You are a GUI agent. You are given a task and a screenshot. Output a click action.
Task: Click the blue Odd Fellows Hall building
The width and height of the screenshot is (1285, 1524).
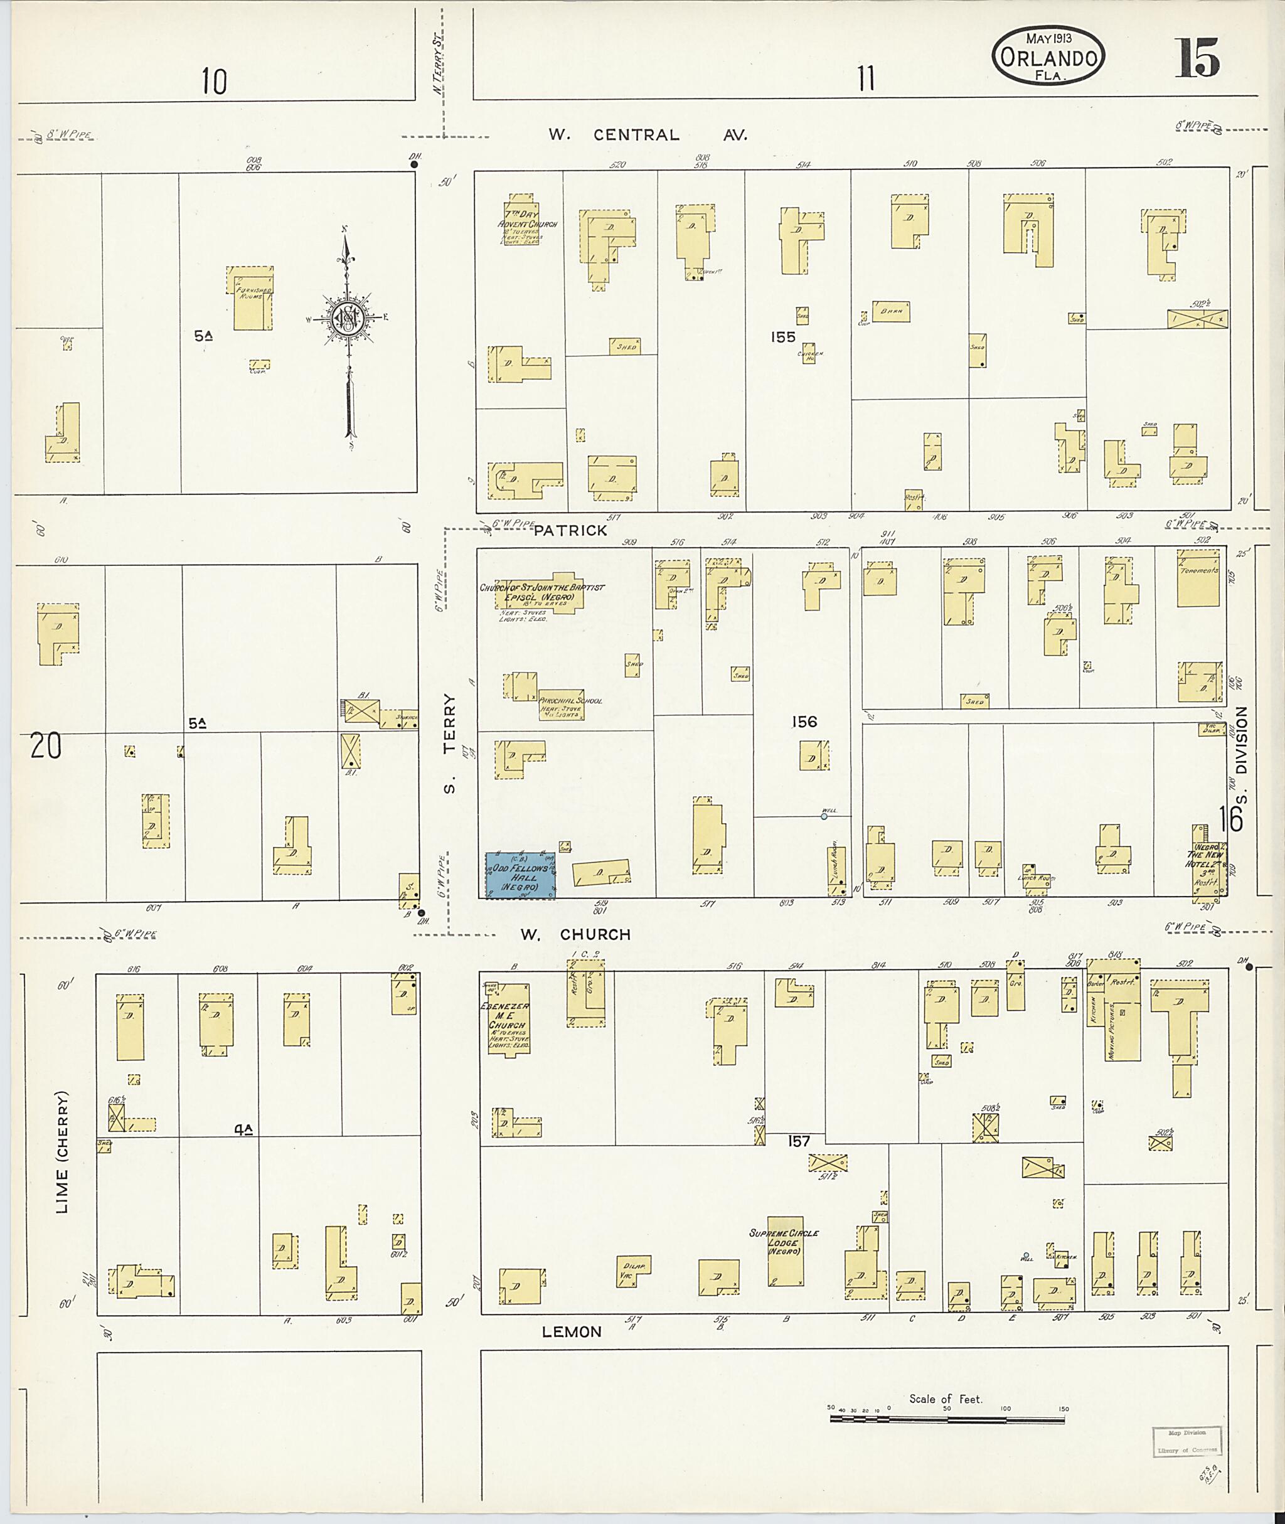(x=520, y=874)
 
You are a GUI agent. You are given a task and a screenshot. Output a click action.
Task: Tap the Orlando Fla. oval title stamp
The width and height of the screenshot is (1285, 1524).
(x=1048, y=57)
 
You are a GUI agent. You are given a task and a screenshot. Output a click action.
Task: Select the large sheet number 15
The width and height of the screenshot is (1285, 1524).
(x=1195, y=59)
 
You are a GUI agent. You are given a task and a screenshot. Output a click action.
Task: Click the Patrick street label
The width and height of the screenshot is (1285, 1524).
(x=570, y=530)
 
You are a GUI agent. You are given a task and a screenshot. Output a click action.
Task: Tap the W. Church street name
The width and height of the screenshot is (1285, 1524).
(x=575, y=934)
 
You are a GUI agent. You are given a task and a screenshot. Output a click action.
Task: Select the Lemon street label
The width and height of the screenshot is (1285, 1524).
(x=572, y=1331)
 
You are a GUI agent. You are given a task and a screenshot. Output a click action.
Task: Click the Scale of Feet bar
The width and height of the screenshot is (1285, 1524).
(x=947, y=1417)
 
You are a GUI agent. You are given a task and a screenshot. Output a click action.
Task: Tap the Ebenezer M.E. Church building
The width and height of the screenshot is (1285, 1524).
(x=508, y=1020)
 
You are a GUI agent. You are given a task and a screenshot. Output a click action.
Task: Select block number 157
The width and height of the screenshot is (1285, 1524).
(x=798, y=1141)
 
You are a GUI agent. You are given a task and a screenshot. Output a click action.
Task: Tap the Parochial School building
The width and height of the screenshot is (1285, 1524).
(x=560, y=705)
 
